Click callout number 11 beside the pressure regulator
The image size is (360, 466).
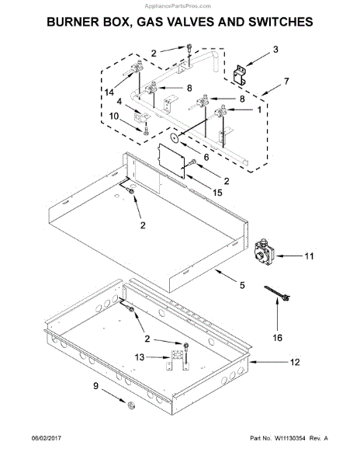tap(309, 256)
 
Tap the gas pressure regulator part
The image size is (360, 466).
tap(263, 252)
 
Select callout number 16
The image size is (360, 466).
tap(278, 338)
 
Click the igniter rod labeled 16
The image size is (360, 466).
tap(277, 293)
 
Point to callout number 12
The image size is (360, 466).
tap(295, 362)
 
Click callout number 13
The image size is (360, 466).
tap(140, 357)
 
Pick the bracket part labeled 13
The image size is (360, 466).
tap(177, 360)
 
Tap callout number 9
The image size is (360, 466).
tap(95, 386)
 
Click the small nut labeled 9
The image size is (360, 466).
tap(130, 405)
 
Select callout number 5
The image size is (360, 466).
tap(242, 285)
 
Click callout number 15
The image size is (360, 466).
tap(217, 193)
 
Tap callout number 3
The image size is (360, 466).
tap(275, 50)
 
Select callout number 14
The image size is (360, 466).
tap(109, 92)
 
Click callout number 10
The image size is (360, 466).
tap(114, 116)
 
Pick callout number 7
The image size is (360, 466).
tap(286, 81)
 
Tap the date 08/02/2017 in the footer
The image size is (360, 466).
tap(47, 438)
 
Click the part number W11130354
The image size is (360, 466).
tap(289, 438)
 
